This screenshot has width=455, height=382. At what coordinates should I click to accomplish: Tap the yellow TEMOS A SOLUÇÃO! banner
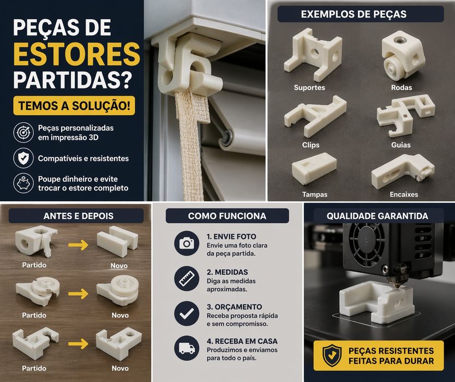coord(74,105)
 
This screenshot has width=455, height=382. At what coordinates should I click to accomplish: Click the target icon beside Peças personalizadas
coord(23,132)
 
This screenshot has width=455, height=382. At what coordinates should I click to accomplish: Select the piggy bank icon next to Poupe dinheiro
coord(23,183)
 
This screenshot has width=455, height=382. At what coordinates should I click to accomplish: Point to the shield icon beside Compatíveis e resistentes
coord(23,158)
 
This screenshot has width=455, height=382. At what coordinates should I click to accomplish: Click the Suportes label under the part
coord(309,88)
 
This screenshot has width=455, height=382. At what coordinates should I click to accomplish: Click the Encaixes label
coord(404,194)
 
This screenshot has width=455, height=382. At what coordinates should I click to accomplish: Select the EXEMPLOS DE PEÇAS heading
coord(354,14)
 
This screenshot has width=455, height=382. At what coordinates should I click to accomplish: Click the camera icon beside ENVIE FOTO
coord(187,243)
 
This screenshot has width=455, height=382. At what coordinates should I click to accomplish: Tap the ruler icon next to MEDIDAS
coord(187,278)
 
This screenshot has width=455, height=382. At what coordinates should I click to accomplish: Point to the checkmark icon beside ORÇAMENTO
coord(187,313)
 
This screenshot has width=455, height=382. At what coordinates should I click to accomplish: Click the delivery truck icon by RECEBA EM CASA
coord(187,348)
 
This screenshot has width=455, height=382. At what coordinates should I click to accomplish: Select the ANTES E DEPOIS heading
coord(78,216)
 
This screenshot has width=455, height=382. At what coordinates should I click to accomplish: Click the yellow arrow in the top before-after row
coord(80,245)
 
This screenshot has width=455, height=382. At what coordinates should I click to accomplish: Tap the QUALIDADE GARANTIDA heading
coord(378,216)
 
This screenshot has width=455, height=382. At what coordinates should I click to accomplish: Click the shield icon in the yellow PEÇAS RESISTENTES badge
coord(332,355)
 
